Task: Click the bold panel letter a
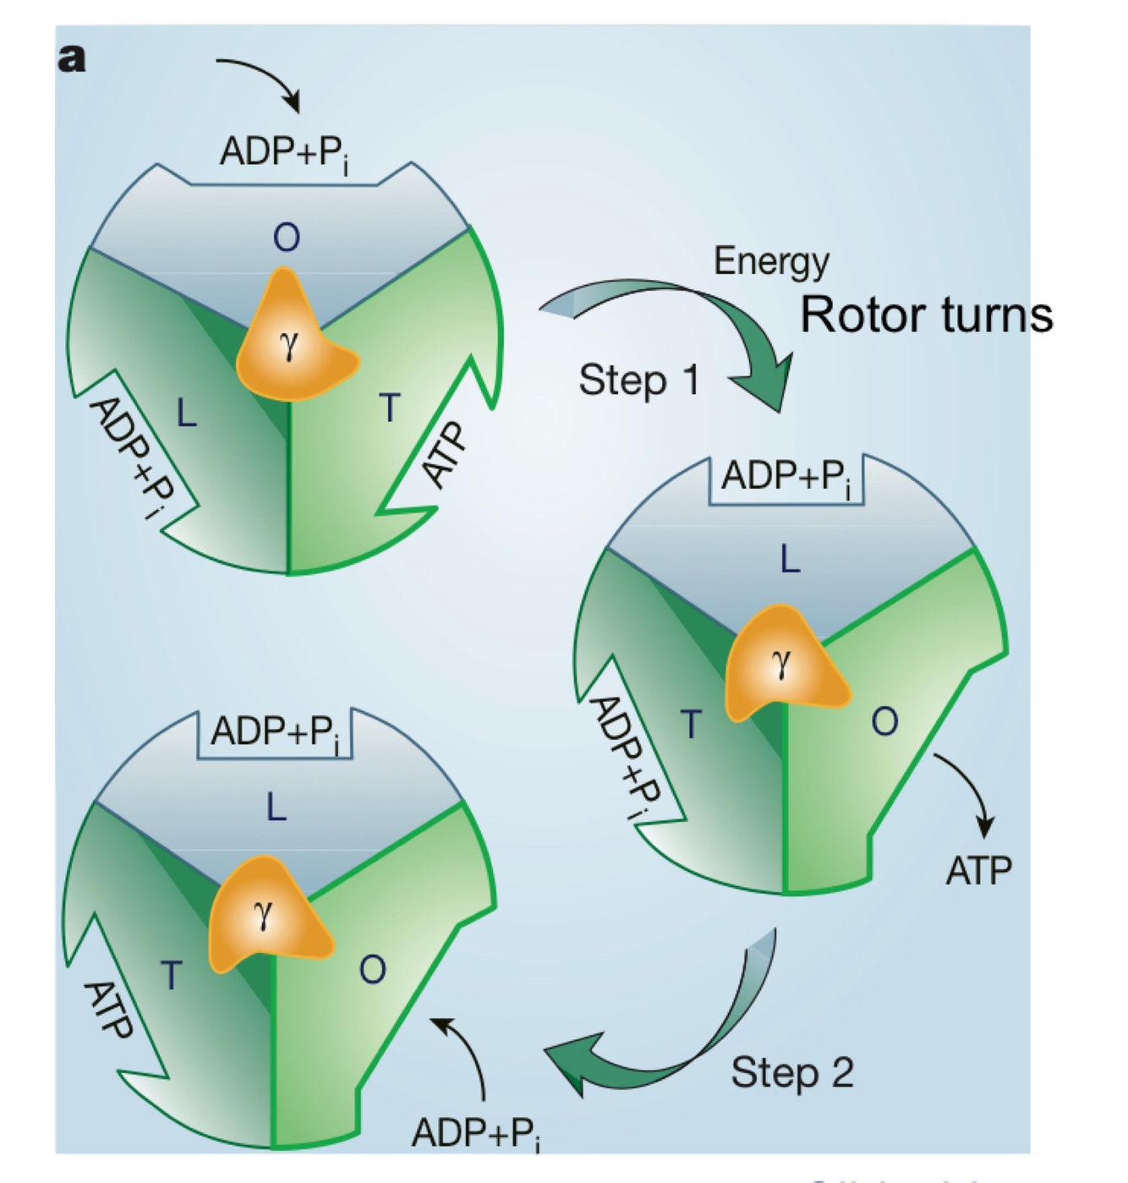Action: coord(72,59)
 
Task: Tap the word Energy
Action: coord(771,261)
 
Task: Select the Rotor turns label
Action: coord(926,315)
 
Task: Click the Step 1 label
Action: coord(639,380)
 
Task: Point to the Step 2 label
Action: coord(792,1073)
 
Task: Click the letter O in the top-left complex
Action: coord(287,238)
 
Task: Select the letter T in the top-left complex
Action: coord(389,409)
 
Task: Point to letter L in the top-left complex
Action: coord(186,414)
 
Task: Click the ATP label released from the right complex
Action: coord(978,871)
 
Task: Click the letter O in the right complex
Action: coord(884,722)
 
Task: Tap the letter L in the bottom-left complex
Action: coord(277,809)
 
